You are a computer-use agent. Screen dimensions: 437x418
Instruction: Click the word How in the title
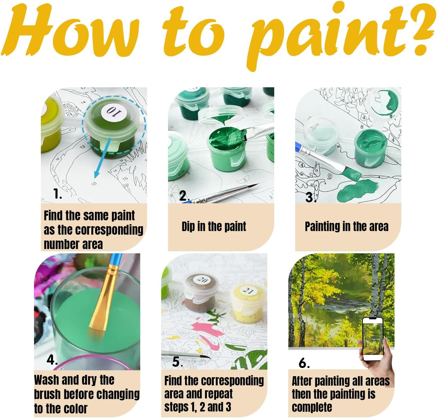(x=70, y=31)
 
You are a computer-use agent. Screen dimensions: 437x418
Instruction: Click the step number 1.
(x=58, y=193)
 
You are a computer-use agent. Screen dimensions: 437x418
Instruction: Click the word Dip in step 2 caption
(x=188, y=227)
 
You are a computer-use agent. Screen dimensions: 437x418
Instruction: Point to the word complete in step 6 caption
(x=312, y=407)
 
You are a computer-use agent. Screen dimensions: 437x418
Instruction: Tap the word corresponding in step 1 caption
(x=109, y=230)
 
